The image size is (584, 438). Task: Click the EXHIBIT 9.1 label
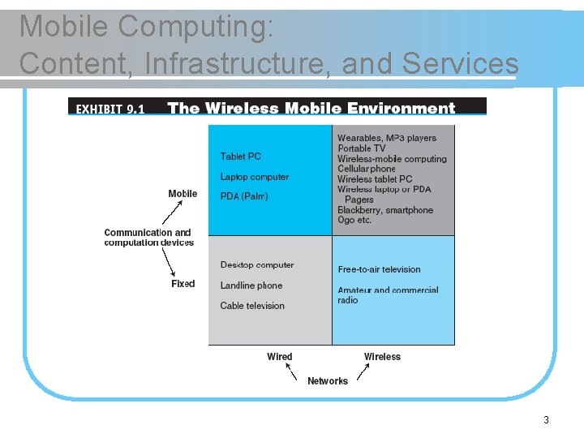click(x=110, y=108)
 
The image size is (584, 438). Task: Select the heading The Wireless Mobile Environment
click(x=311, y=108)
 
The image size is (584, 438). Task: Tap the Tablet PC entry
click(x=241, y=157)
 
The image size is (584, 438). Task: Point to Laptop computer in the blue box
click(x=255, y=177)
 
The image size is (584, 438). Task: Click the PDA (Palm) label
click(x=244, y=196)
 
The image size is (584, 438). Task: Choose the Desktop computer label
click(x=257, y=265)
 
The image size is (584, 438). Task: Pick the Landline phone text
click(x=251, y=286)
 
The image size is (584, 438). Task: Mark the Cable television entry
click(x=252, y=306)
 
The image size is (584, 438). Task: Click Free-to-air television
click(x=380, y=269)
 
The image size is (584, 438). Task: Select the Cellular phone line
click(x=367, y=169)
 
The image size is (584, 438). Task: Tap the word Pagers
click(x=359, y=200)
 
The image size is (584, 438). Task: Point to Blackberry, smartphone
click(x=385, y=210)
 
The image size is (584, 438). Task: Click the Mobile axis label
click(x=182, y=194)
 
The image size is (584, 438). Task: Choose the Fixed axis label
click(x=183, y=284)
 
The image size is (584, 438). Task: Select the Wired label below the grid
click(x=280, y=357)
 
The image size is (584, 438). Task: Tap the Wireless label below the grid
click(x=382, y=357)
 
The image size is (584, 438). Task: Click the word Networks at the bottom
click(x=328, y=381)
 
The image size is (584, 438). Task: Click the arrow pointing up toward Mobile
click(x=170, y=213)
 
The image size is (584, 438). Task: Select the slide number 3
click(x=546, y=420)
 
